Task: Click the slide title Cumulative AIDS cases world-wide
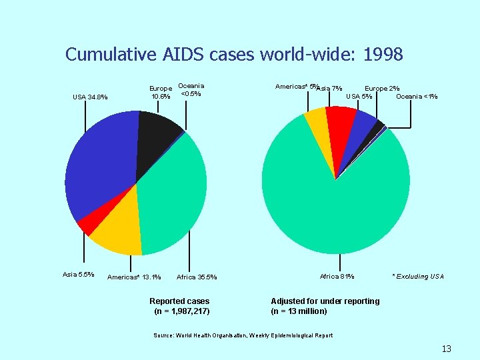tap(234, 55)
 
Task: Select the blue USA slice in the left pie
tap(100, 167)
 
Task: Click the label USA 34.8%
tap(90, 97)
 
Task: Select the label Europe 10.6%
tap(161, 93)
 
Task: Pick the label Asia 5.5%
tap(79, 274)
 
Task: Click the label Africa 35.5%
tap(197, 277)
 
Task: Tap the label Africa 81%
tap(337, 277)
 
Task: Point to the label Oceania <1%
tap(417, 97)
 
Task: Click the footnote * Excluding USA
tap(417, 277)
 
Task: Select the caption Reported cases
tap(179, 301)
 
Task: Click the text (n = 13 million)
tap(299, 311)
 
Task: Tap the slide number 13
tap(446, 348)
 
